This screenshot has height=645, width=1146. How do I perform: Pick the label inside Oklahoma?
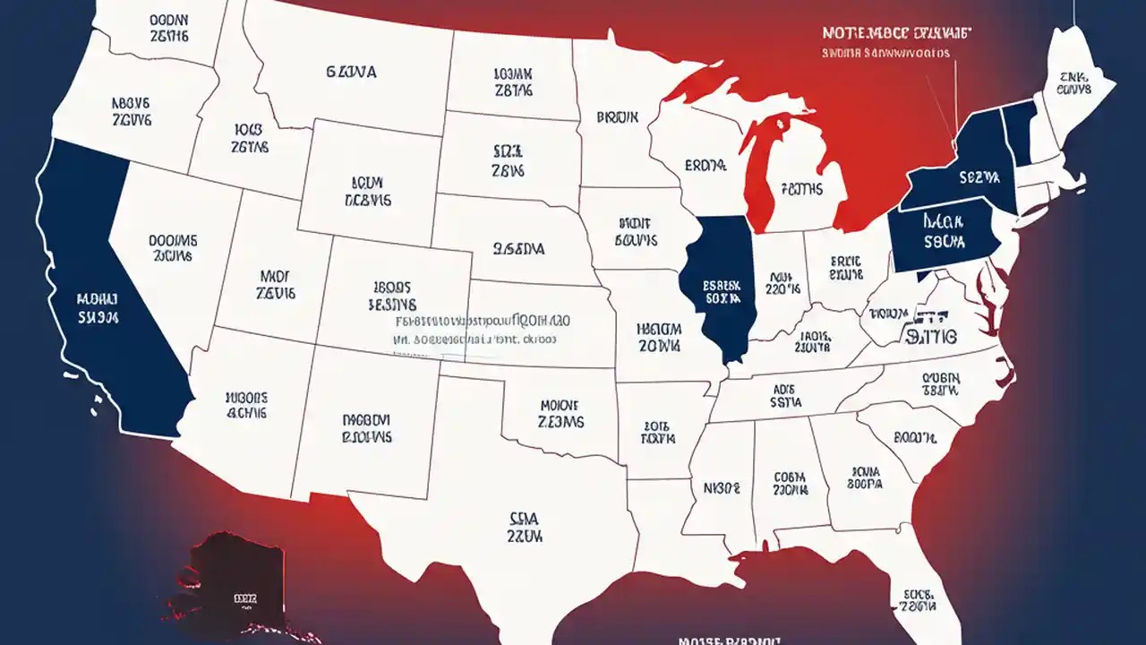(561, 413)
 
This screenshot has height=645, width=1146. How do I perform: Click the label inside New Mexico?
(366, 428)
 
